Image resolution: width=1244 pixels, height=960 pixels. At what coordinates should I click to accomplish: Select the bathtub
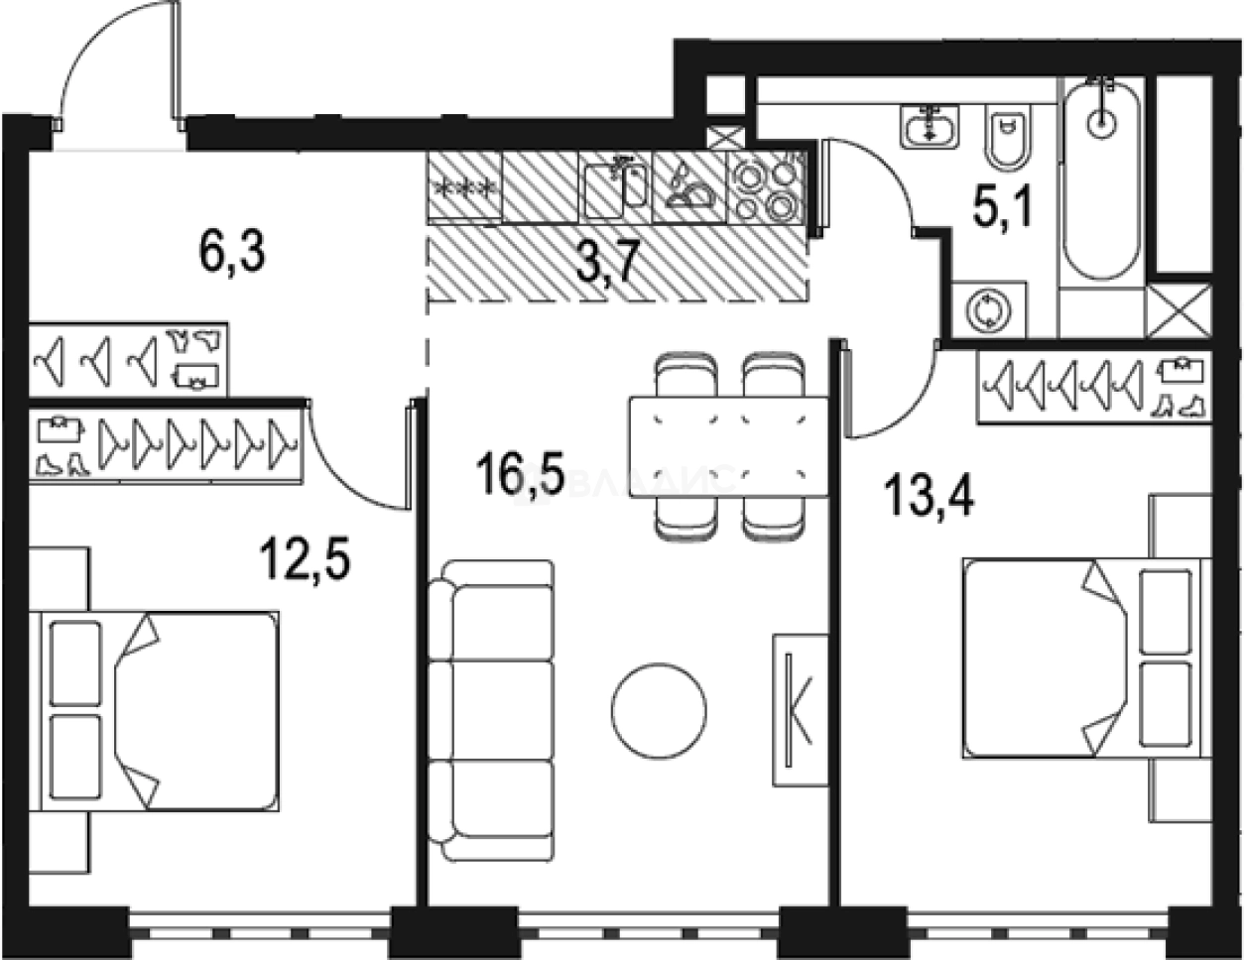(1102, 179)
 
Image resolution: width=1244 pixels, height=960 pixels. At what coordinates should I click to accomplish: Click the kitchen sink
(616, 186)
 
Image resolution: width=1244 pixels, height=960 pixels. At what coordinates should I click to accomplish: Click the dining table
(728, 446)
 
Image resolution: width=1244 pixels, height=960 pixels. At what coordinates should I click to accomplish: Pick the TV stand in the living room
(801, 709)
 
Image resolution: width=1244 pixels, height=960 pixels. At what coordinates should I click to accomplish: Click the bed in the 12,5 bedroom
(159, 709)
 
